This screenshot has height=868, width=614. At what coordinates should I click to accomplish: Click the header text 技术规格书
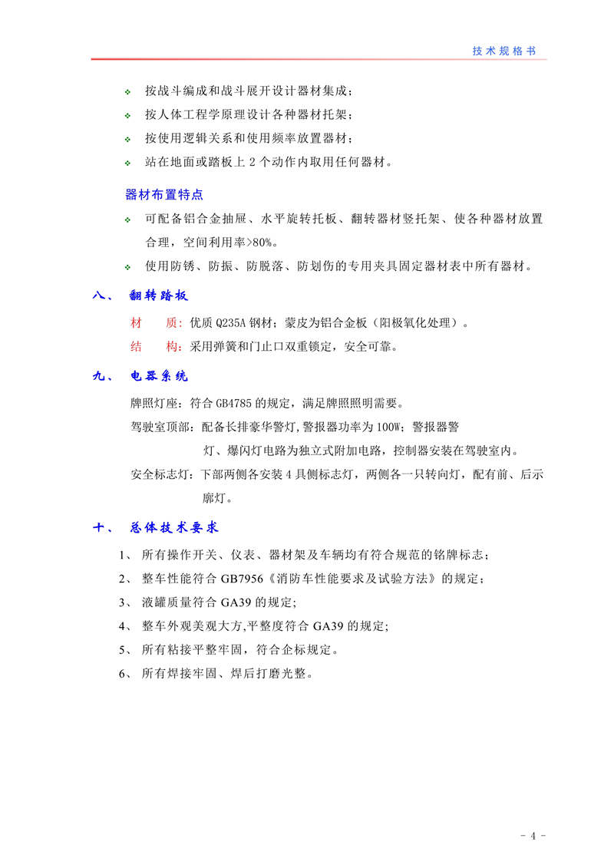[504, 51]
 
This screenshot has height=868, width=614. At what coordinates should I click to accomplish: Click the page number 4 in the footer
[532, 837]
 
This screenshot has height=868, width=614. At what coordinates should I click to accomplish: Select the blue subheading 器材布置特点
[163, 194]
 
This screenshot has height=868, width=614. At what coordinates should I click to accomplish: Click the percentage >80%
[256, 243]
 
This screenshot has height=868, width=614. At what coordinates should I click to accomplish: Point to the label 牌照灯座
[155, 403]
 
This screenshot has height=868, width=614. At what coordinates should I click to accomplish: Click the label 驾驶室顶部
[161, 427]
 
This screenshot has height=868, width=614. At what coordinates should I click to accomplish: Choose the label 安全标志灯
[161, 476]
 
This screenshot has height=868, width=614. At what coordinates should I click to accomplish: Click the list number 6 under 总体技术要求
[123, 675]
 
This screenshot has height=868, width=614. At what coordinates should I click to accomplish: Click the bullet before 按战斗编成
[128, 93]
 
